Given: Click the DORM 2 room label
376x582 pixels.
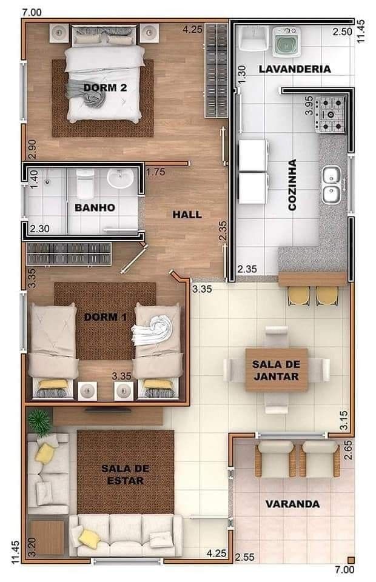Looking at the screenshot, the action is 105,87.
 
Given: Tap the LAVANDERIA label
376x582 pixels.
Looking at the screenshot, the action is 294,69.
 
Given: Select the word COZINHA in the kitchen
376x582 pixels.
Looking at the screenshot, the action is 292,185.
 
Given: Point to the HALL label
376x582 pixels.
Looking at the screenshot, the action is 187,215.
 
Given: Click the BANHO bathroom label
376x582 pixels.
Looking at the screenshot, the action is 95,207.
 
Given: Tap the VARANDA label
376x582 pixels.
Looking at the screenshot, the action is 292,504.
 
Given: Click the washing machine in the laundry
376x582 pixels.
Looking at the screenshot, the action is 286,42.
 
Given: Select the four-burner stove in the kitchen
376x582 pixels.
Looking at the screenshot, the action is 330,115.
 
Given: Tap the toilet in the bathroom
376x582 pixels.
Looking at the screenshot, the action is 85,184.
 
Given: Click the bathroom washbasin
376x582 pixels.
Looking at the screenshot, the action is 120,178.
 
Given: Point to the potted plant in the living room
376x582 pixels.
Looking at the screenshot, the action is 39,422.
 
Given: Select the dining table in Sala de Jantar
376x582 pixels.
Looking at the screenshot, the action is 277,370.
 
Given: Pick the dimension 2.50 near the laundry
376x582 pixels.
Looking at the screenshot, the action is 342,32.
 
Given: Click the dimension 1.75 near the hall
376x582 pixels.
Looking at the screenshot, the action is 155,172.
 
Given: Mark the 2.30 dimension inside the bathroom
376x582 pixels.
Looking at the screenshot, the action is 39,229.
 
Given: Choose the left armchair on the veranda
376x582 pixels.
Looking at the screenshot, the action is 275,459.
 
